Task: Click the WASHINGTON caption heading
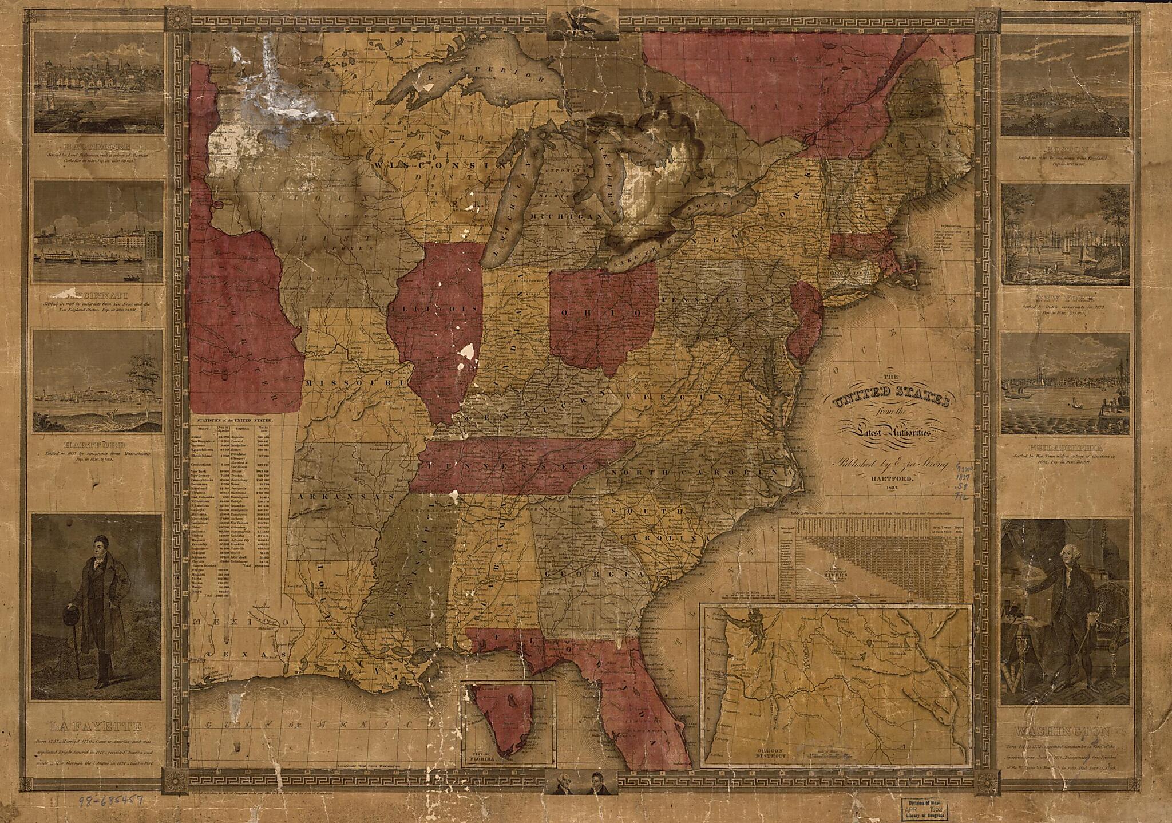pos(1063,731)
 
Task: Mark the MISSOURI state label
pos(348,382)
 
